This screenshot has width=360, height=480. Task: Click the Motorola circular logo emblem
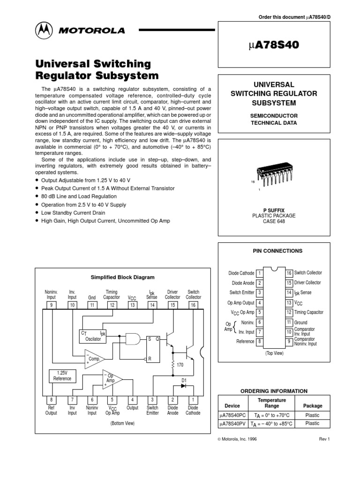pyautogui.click(x=44, y=30)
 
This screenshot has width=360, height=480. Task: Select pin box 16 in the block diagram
pyautogui.click(x=193, y=305)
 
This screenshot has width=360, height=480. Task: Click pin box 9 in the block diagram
pyautogui.click(x=51, y=305)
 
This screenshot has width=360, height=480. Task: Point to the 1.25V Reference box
pyautogui.click(x=62, y=375)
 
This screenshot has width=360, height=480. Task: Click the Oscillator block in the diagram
pyautogui.click(x=93, y=336)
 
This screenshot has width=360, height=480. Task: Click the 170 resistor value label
pyautogui.click(x=180, y=364)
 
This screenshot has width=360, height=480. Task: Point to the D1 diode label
pyautogui.click(x=184, y=380)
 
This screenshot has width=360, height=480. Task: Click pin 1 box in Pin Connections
pyautogui.click(x=259, y=273)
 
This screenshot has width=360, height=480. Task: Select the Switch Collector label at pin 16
pyautogui.click(x=308, y=273)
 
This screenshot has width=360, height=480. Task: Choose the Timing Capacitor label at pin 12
pyautogui.click(x=308, y=312)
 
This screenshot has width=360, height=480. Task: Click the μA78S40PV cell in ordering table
pyautogui.click(x=232, y=424)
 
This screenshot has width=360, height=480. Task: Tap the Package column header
pyautogui.click(x=312, y=405)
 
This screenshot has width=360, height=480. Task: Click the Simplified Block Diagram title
pyautogui.click(x=122, y=277)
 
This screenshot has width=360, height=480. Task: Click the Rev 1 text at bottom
pyautogui.click(x=325, y=439)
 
